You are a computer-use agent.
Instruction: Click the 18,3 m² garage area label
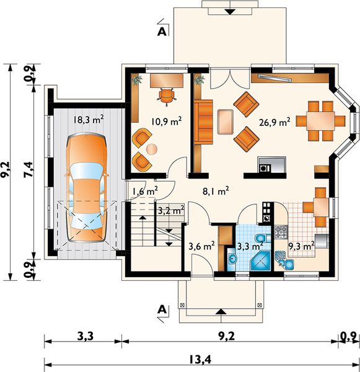[x=88, y=120]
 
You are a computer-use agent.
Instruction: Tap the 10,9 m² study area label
[x=167, y=122]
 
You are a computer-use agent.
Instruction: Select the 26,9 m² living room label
[x=275, y=122]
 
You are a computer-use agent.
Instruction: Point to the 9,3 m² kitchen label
[x=301, y=246]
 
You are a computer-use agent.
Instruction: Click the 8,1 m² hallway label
[x=216, y=191]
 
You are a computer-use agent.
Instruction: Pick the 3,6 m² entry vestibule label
[x=201, y=246]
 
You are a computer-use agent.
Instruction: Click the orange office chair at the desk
[x=167, y=96]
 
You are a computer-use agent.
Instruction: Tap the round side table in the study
[x=152, y=149]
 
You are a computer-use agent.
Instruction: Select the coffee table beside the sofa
[x=226, y=122]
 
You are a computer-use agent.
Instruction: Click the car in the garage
[x=87, y=187]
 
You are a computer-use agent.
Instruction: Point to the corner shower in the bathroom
[x=260, y=260]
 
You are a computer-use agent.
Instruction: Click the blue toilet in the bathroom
[x=263, y=238]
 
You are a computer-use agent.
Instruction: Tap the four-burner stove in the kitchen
[x=281, y=232]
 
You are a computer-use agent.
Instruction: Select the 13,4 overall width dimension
[x=200, y=360]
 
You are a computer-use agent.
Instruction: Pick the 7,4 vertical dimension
[x=29, y=169]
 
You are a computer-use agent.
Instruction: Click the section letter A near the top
[x=162, y=32]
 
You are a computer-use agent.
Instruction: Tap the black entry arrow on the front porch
[x=221, y=312]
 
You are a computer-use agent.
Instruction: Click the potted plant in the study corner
[x=137, y=79]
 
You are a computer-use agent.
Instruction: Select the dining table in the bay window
[x=320, y=121]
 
